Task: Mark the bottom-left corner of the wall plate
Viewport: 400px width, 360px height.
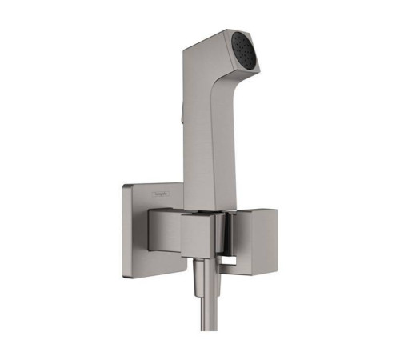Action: pos(126,278)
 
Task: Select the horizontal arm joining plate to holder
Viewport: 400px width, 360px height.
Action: pos(163,228)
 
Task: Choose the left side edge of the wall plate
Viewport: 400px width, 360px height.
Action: pos(125,232)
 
